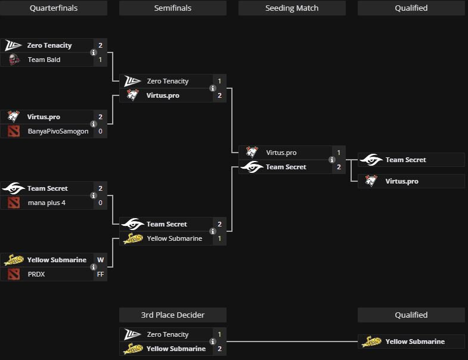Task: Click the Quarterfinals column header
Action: (54, 8)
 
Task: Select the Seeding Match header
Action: (292, 8)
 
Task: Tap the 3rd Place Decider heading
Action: (172, 315)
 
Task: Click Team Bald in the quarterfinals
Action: (44, 60)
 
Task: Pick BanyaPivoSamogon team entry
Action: (58, 131)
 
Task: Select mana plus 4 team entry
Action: (47, 203)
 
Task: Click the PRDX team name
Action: (36, 274)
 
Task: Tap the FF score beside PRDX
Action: (101, 274)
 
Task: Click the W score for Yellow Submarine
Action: (101, 260)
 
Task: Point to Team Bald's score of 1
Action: (101, 60)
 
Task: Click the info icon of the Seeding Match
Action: (332, 160)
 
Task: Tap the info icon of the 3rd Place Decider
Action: (213, 342)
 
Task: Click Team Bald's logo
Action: (14, 60)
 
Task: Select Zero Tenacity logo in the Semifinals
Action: (132, 81)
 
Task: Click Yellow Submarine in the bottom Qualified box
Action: (415, 342)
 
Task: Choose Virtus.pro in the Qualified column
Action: (402, 181)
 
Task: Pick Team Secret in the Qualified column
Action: (405, 160)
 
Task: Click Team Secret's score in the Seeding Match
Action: (339, 167)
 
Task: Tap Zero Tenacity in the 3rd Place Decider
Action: (168, 334)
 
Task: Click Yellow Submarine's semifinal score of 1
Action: (220, 238)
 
